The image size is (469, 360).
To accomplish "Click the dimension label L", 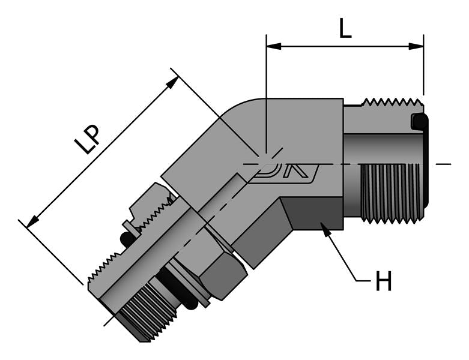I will tap(345, 28).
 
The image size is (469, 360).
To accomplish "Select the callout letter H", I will tap(383, 281).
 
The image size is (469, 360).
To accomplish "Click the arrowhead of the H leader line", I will tap(325, 229).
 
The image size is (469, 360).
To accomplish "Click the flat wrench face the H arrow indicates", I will tap(312, 213).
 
